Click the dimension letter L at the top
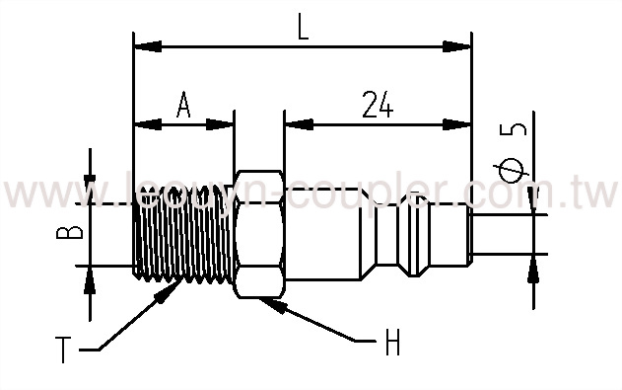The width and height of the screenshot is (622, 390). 303,27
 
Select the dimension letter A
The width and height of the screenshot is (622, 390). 182,104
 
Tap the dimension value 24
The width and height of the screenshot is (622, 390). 377,104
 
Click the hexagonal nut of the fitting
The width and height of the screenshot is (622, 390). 258,235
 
